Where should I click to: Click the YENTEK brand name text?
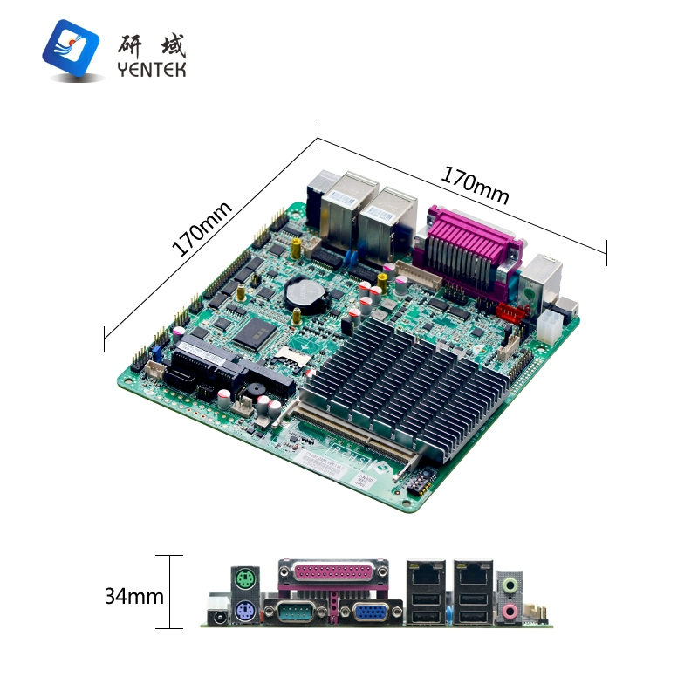(152, 70)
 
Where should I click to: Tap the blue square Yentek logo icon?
(72, 47)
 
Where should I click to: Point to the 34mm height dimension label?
(134, 597)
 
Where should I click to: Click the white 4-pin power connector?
(549, 327)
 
